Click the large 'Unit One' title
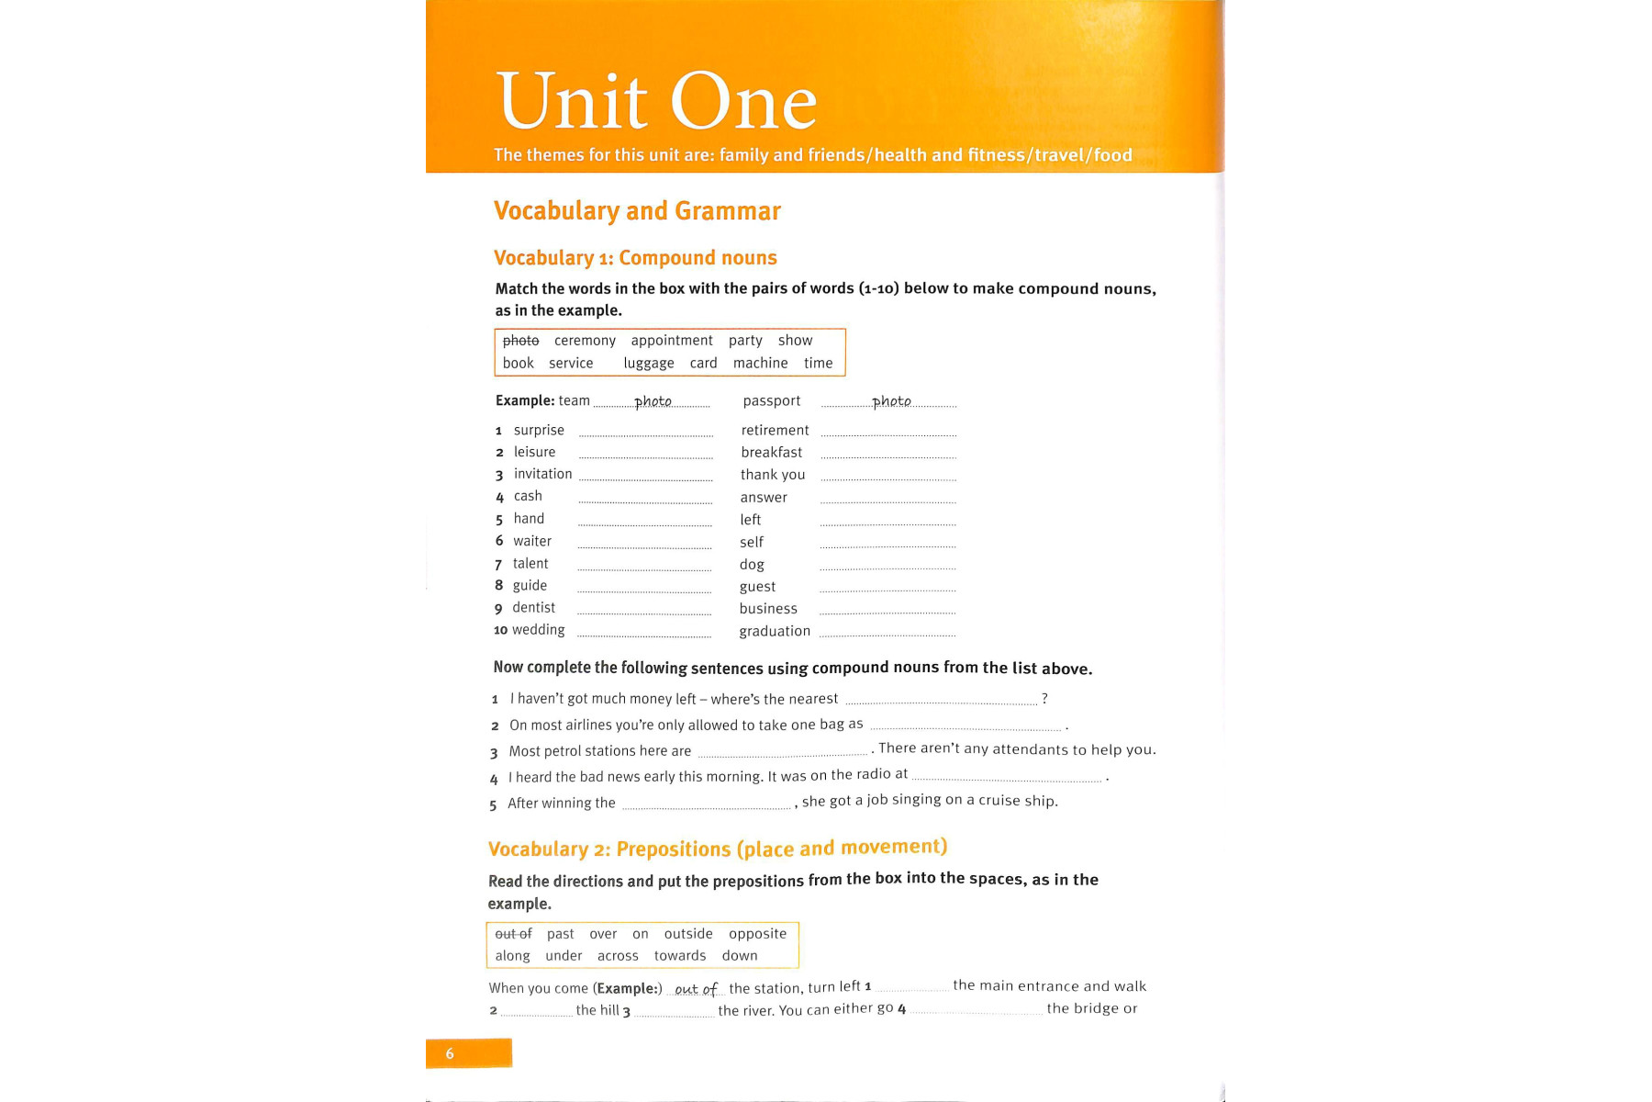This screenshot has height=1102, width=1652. [656, 101]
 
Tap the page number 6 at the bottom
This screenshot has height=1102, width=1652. [450, 1053]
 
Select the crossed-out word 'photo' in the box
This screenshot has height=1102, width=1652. [520, 341]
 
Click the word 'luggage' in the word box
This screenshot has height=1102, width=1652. [649, 364]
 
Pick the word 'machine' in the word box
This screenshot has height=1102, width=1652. [760, 364]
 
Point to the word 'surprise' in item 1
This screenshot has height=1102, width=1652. [539, 430]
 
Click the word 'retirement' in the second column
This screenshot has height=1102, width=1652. [775, 430]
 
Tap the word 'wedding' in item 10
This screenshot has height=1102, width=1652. [539, 630]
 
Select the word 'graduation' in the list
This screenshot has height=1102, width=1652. [775, 631]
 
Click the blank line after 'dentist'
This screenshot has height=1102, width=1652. [644, 612]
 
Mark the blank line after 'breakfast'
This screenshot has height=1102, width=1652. [888, 455]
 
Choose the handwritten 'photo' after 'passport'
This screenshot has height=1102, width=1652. [891, 401]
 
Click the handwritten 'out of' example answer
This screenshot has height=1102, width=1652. [696, 989]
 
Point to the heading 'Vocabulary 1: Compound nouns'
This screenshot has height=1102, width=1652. [635, 258]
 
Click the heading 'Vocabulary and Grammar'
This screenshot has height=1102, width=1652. [637, 211]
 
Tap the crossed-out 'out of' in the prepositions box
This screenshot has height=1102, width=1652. [513, 934]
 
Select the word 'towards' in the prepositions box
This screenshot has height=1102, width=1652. [680, 956]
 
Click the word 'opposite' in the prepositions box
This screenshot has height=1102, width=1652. [757, 934]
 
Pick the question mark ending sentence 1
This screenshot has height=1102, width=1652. [1044, 699]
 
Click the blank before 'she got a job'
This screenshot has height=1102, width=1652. [707, 806]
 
